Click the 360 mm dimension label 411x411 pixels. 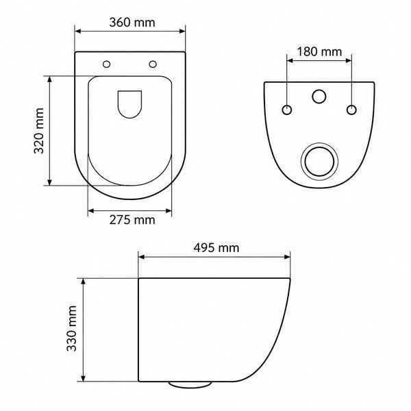click(x=132, y=23)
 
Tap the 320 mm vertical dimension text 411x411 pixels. click(x=39, y=131)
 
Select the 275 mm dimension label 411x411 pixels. click(x=132, y=220)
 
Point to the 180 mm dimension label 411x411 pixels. click(x=319, y=51)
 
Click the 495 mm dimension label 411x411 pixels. click(x=216, y=248)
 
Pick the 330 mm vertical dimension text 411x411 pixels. click(x=71, y=328)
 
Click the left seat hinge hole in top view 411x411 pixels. click(x=106, y=64)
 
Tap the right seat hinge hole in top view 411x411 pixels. click(x=153, y=64)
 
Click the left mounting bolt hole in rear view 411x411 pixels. click(x=287, y=110)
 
